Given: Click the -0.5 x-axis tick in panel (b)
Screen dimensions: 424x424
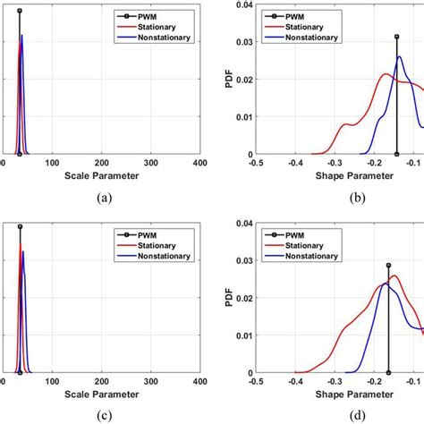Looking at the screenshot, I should click(x=256, y=164).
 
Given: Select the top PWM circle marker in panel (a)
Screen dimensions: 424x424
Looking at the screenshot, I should click(x=20, y=10).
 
